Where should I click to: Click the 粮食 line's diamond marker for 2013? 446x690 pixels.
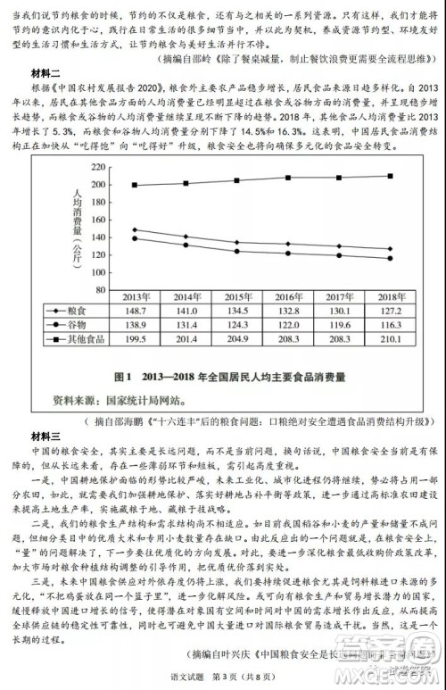[x=135, y=229]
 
